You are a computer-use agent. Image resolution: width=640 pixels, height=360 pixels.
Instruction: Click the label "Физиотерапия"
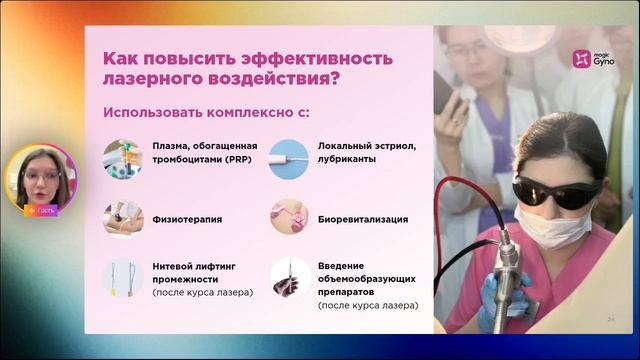187,218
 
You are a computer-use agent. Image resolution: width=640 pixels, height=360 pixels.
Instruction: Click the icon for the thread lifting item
122,279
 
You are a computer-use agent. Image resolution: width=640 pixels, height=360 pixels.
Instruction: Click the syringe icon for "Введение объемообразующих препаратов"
289,279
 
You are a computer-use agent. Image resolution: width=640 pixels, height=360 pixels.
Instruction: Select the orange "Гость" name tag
42,211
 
